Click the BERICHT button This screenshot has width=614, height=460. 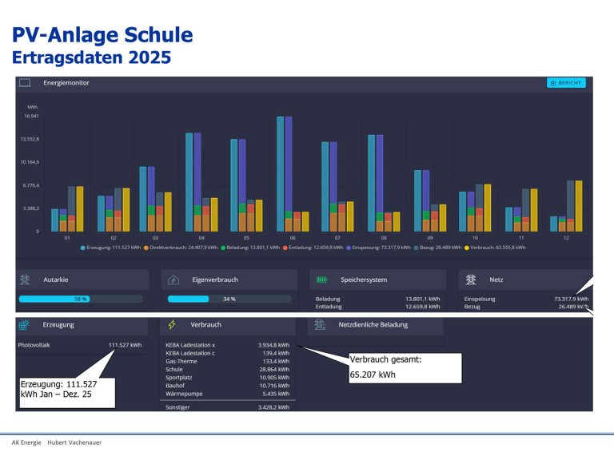pyautogui.click(x=566, y=82)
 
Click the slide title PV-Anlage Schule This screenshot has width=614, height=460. pyautogui.click(x=102, y=35)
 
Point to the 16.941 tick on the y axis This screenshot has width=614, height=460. pyautogui.click(x=33, y=116)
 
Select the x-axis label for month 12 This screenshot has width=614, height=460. pyautogui.click(x=565, y=238)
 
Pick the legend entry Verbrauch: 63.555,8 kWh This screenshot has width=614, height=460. pyautogui.click(x=496, y=248)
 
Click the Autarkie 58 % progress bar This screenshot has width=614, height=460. pyautogui.click(x=80, y=299)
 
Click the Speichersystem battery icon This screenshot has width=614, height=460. pyautogui.click(x=321, y=280)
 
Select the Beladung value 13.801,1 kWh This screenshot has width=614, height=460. pyautogui.click(x=422, y=299)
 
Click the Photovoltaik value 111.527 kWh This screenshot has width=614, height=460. pyautogui.click(x=125, y=345)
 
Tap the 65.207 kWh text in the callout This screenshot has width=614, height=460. pyautogui.click(x=373, y=374)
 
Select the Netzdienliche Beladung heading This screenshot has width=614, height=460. pyautogui.click(x=373, y=325)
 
